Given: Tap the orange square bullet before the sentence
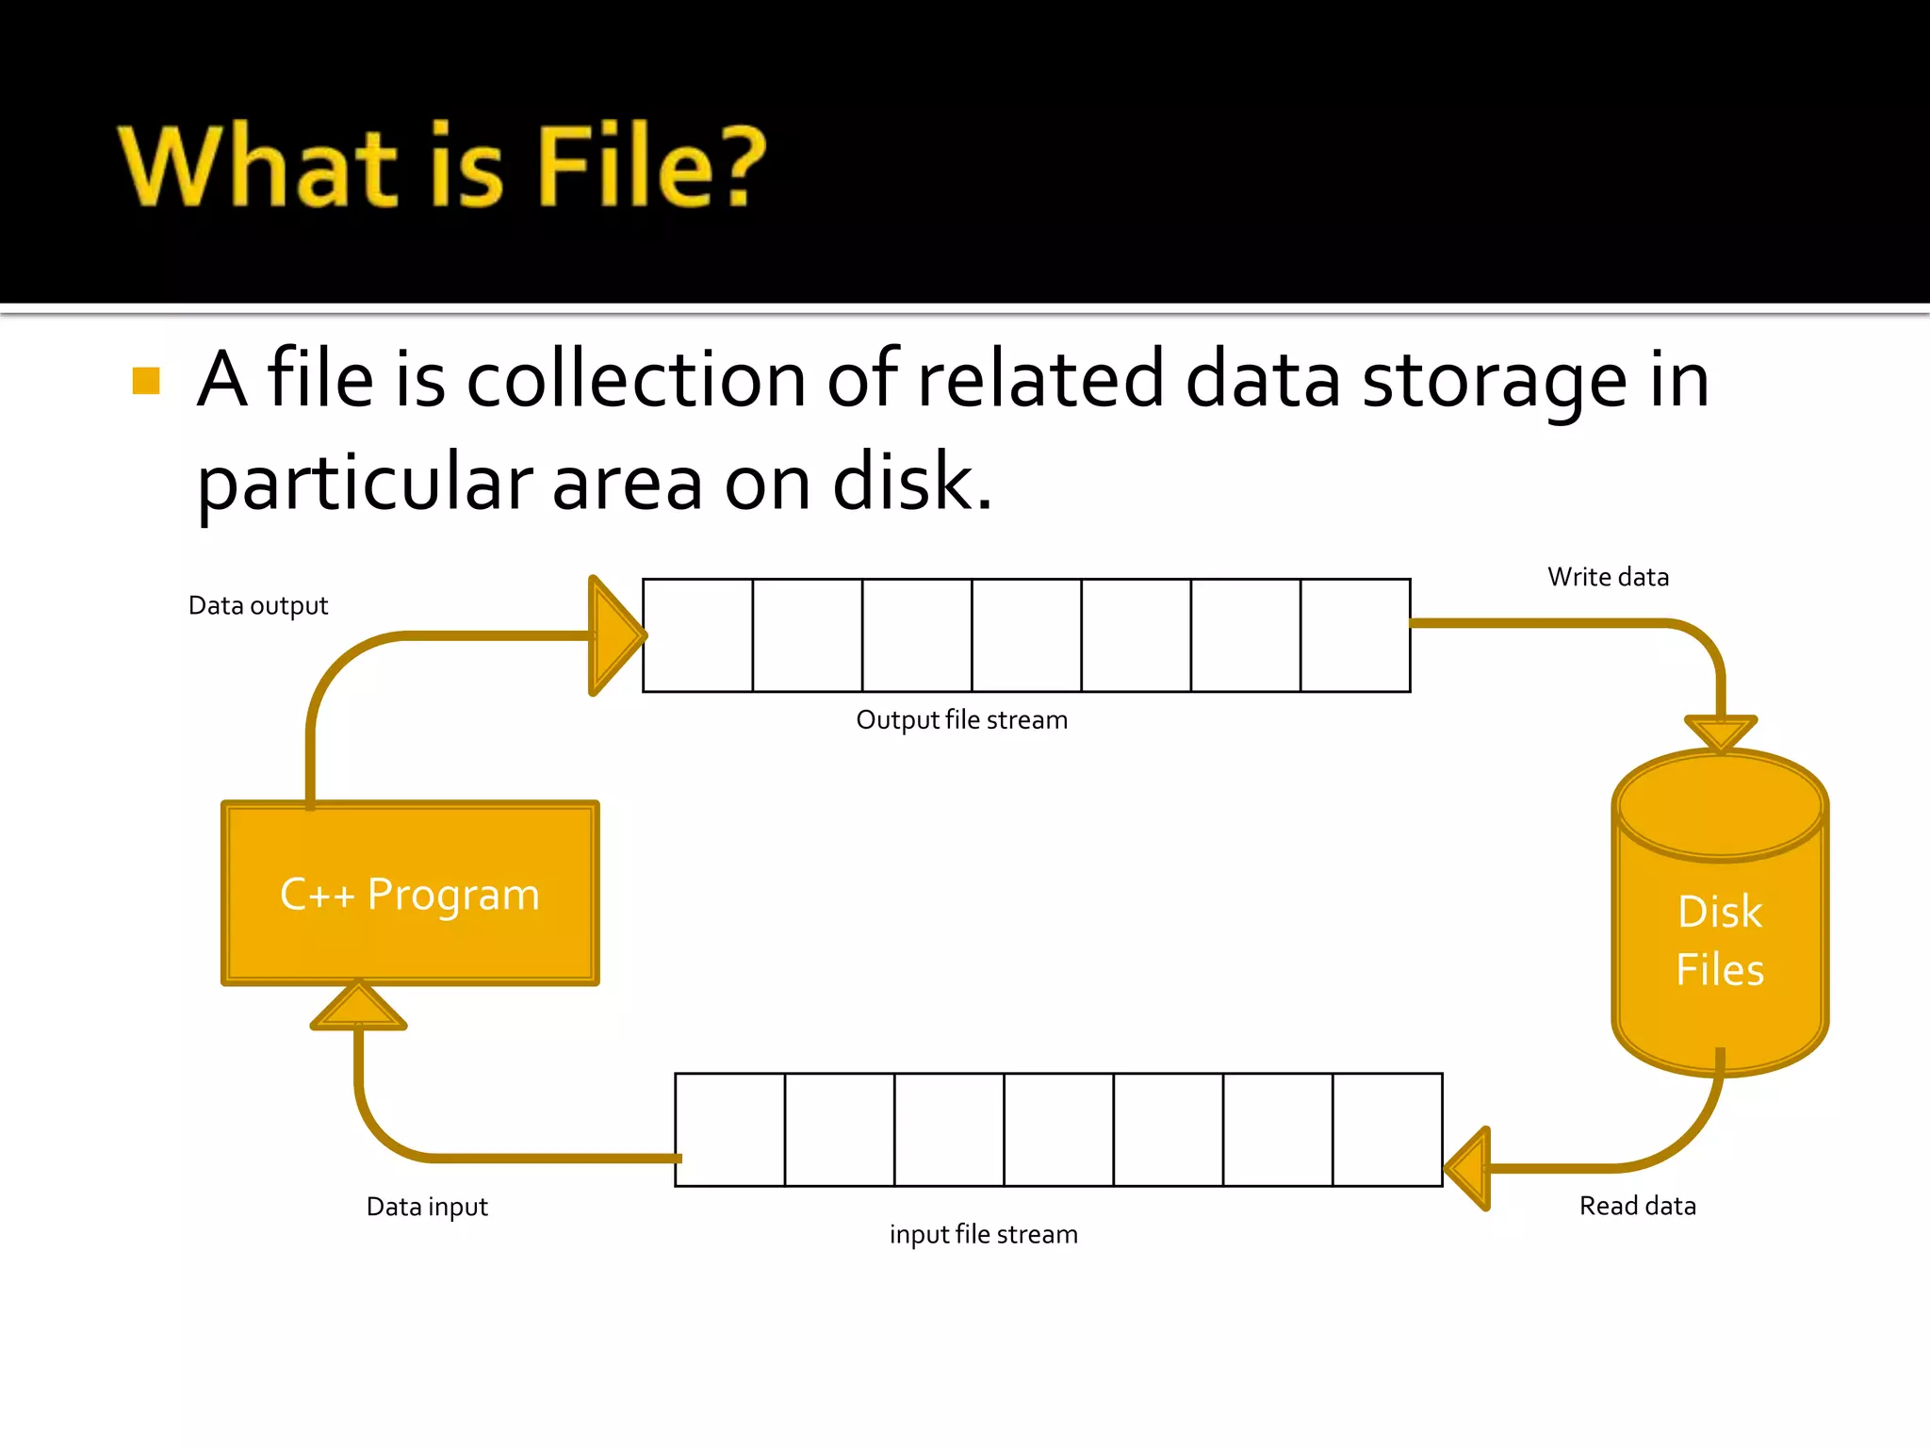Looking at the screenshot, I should [x=146, y=381].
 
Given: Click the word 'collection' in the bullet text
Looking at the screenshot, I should [x=636, y=379].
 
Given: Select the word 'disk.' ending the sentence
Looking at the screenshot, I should [x=912, y=482].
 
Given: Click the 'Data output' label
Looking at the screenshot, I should [x=258, y=605].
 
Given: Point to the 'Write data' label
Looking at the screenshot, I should [x=1608, y=577].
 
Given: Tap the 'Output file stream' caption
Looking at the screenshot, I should [x=961, y=720].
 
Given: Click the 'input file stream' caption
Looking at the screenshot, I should [x=983, y=1234].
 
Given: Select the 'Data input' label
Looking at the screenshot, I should [x=427, y=1207].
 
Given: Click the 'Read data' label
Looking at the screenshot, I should [x=1637, y=1206].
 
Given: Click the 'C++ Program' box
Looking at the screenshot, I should [x=410, y=893].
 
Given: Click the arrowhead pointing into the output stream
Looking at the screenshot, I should [x=613, y=635].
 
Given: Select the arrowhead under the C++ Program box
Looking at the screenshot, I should [x=358, y=1007].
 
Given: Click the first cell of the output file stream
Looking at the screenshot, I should [x=697, y=635].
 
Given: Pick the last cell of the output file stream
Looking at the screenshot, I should [x=1355, y=635].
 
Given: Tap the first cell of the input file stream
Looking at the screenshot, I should [x=730, y=1129].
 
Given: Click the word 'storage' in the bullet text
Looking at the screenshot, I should [x=1495, y=379].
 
